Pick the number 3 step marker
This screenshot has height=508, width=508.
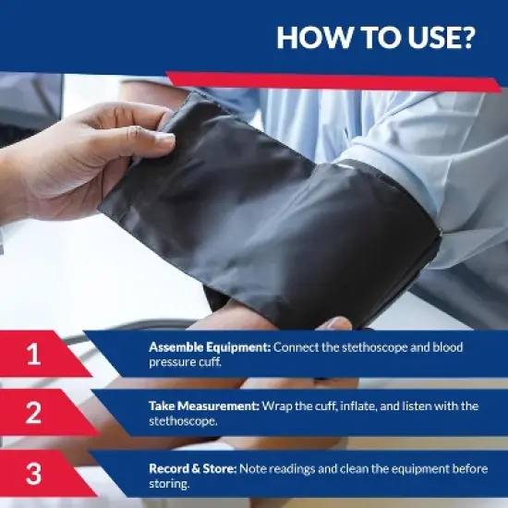pos(33,474)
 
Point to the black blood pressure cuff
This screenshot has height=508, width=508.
pos(277,212)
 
